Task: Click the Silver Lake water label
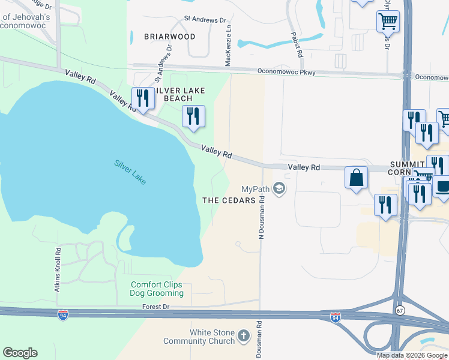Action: [x=130, y=172]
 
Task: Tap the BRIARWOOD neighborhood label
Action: [x=170, y=37]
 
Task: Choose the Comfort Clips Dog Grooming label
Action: [x=157, y=289]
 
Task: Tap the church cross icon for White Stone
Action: [x=243, y=335]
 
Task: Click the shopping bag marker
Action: [x=356, y=178]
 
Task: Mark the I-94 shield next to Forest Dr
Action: [x=63, y=314]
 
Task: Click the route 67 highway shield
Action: [x=400, y=310]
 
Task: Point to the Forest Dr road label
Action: [x=157, y=306]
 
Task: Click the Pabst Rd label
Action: [x=297, y=45]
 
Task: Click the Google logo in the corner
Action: [x=20, y=353]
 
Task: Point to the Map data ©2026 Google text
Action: [x=412, y=355]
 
